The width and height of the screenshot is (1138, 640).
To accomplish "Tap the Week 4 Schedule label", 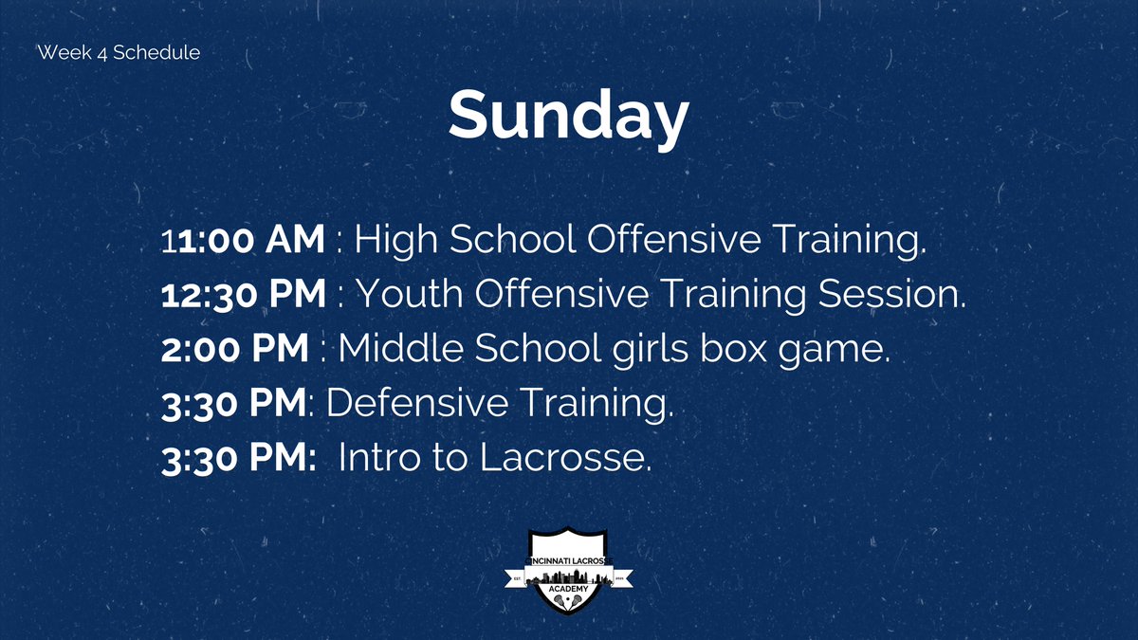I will coord(119,53).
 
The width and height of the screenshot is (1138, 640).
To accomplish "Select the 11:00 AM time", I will coord(244,241).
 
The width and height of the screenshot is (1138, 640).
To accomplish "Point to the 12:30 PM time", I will coord(244,295).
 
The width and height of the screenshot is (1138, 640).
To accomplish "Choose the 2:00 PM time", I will coord(235,349).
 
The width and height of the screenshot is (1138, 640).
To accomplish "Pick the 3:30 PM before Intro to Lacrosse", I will coord(237,458).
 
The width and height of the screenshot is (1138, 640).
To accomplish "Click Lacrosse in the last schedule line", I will coord(565,458).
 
